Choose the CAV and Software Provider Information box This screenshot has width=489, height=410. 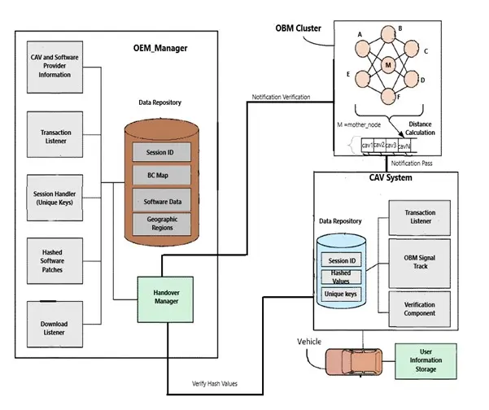(55, 66)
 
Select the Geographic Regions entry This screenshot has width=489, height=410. (162, 223)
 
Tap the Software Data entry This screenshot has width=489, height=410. (162, 199)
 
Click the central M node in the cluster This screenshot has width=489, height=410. (388, 64)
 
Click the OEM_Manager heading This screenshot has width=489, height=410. (160, 49)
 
